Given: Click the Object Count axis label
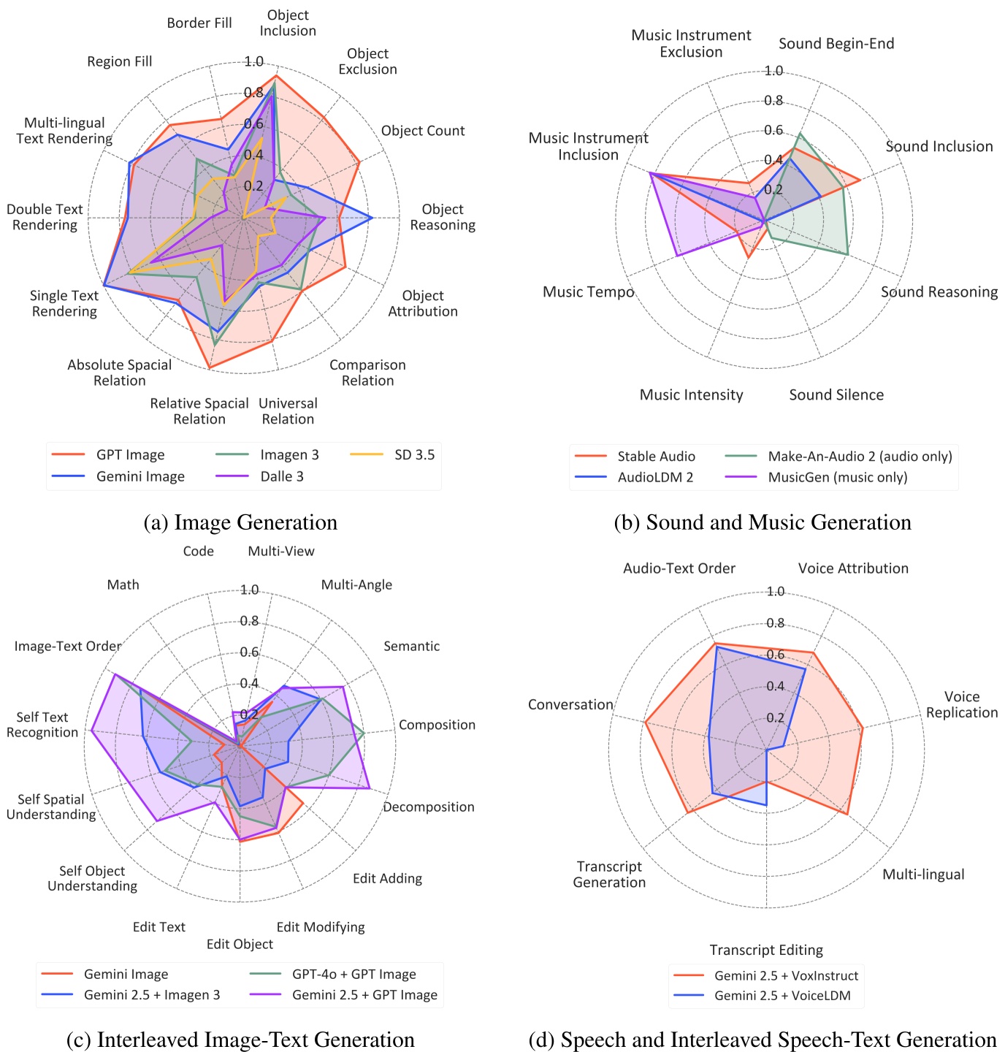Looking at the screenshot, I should tap(423, 131).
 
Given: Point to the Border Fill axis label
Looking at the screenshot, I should tap(199, 23).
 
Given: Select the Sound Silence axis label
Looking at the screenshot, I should tap(836, 395).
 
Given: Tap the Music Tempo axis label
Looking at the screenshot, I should tap(588, 292).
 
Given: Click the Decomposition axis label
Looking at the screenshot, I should tap(429, 807).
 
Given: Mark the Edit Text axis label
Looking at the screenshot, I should tap(159, 927).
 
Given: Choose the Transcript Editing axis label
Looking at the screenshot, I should tap(766, 950).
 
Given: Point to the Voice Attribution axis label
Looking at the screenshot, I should tap(853, 568).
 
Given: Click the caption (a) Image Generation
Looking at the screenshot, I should tap(241, 523).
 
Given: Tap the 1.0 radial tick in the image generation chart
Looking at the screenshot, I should tap(254, 61).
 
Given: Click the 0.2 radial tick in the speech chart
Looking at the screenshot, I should tap(775, 717).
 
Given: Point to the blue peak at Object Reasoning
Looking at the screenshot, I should tap(372, 218).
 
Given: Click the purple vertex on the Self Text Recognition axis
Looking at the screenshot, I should tap(91, 730).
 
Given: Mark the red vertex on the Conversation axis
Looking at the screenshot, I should tap(645, 723).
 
